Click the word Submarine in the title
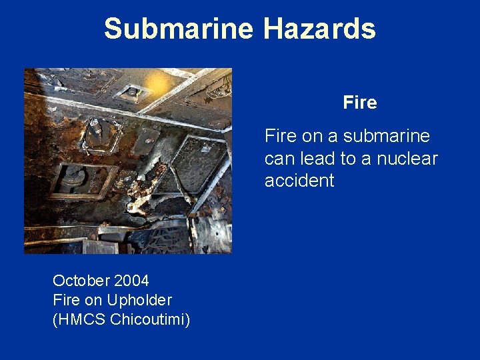[179, 29]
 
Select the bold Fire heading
[360, 103]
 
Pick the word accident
[299, 181]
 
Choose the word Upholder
[141, 300]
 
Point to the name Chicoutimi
[151, 320]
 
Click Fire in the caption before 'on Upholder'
[66, 300]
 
